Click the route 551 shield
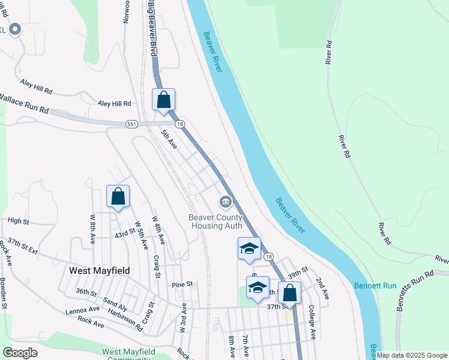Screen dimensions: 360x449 [131, 124]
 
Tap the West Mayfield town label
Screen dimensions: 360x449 [100, 271]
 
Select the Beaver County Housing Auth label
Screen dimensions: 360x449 [216, 221]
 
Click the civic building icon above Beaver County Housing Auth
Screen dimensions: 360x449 [225, 201]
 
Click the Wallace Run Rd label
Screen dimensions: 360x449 [24, 104]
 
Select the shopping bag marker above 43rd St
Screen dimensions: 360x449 [118, 196]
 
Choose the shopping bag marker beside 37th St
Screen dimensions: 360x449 [289, 293]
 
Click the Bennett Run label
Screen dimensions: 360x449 [375, 286]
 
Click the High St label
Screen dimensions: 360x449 [18, 221]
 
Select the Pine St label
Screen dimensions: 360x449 [182, 284]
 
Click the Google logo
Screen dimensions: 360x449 [20, 352]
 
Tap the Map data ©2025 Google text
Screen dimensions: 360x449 [412, 355]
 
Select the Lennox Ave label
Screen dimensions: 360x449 [83, 310]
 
